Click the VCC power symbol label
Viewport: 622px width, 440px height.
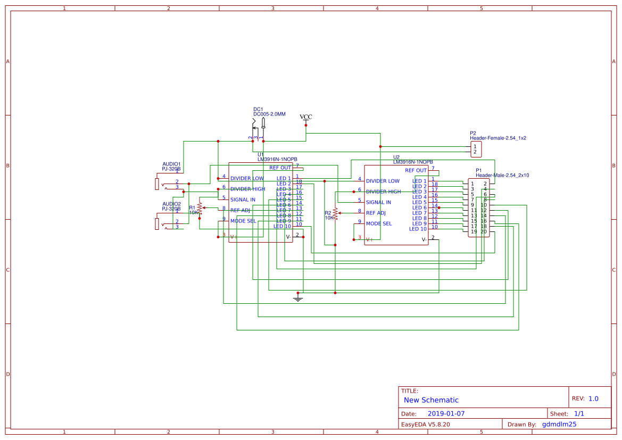306,117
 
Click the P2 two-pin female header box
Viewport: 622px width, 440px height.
476,149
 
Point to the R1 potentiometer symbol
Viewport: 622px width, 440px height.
200,207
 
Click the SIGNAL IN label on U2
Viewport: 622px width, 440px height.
378,202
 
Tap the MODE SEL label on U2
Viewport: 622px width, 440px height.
378,223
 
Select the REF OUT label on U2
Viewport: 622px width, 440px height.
416,170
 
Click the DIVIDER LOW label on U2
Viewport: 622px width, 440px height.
383,181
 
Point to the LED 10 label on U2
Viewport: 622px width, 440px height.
418,229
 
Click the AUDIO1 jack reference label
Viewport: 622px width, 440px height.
171,164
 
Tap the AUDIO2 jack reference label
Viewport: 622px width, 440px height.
171,204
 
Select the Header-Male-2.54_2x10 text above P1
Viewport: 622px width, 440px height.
502,175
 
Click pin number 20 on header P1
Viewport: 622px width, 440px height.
484,231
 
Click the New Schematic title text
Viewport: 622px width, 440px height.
431,400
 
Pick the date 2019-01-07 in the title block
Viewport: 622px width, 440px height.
446,413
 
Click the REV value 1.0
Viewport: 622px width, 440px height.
593,399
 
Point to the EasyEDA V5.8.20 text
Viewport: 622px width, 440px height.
425,425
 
